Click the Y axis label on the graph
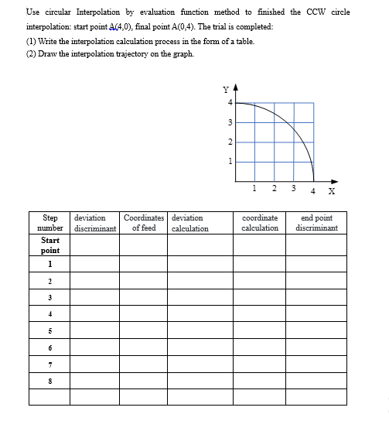click(224, 87)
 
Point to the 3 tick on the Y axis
click(229, 122)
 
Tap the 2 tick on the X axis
click(275, 187)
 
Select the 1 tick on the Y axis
click(229, 161)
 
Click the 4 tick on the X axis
click(313, 190)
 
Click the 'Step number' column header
click(49, 223)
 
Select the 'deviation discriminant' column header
click(94, 223)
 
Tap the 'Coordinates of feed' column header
click(143, 223)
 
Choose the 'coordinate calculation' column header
click(260, 223)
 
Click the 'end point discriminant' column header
click(316, 223)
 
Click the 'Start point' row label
click(49, 245)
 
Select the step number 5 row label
click(49, 330)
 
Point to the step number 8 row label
click(49, 380)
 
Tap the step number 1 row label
click(49, 265)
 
